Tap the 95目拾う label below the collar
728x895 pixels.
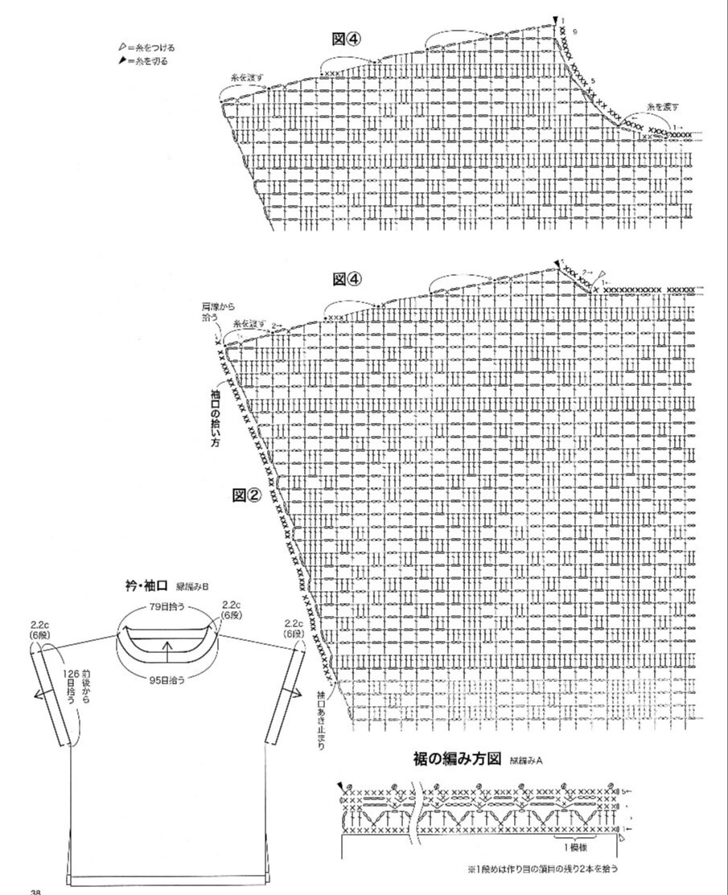pos(167,679)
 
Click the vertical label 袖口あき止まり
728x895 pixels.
pos(321,719)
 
